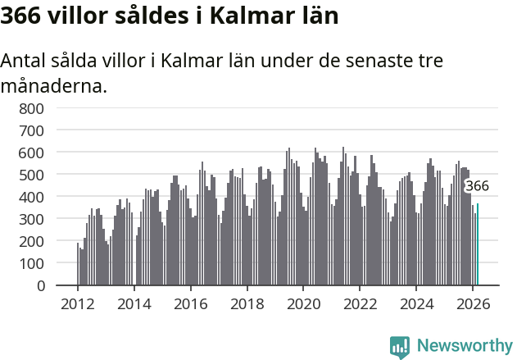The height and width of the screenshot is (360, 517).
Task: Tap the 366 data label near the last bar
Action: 477,186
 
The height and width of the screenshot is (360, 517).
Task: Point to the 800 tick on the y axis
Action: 31,108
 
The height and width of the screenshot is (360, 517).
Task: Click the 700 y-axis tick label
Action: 31,130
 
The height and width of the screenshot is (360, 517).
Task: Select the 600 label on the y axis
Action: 31,153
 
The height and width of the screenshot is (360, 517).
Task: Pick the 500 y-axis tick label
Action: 31,175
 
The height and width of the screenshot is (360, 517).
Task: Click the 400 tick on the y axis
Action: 31,197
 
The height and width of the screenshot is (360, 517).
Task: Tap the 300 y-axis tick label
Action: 31,219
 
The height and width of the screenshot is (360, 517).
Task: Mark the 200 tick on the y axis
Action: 31,241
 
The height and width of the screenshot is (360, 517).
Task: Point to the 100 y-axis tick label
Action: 31,263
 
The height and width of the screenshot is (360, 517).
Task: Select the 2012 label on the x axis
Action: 78,303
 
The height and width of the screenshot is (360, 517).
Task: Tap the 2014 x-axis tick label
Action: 134,303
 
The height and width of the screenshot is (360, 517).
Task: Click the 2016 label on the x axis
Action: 191,303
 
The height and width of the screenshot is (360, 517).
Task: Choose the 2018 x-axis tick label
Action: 247,303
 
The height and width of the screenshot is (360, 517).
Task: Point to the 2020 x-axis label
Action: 303,303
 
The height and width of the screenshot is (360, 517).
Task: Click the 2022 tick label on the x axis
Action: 360,303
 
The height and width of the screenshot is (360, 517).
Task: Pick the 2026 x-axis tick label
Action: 473,303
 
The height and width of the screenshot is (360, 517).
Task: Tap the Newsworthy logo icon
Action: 400,347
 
